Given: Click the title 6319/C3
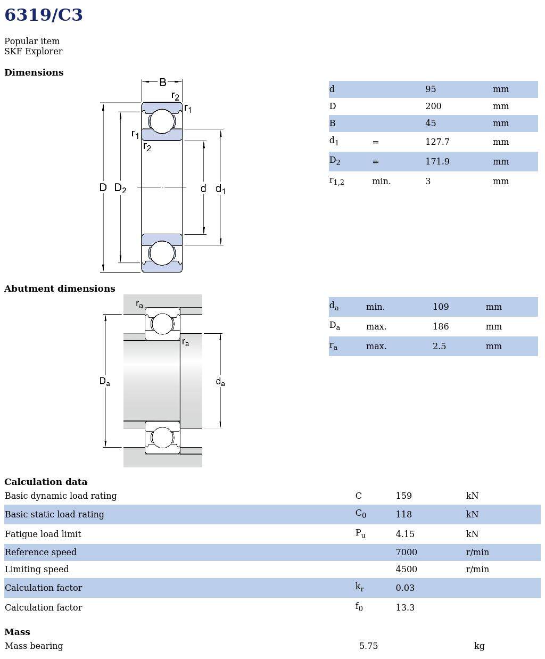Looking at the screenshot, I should click(x=44, y=15).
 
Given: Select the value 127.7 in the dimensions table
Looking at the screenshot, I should click(x=437, y=142).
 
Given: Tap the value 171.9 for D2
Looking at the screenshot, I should click(x=437, y=162).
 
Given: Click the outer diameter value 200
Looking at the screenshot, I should click(x=433, y=106).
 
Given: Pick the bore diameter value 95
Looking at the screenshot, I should click(x=431, y=89).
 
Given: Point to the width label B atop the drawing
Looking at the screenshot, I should click(x=162, y=82).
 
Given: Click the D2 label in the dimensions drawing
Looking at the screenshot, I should click(x=120, y=188).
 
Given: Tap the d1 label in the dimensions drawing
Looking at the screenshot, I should click(x=220, y=189).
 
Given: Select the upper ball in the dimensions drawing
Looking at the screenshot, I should click(x=162, y=121).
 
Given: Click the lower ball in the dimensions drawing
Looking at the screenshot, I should click(x=162, y=253).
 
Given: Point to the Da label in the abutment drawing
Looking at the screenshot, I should click(x=104, y=381).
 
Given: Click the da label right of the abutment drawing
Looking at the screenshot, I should click(x=220, y=382).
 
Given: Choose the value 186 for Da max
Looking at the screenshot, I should click(x=441, y=327).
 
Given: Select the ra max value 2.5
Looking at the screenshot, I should click(x=439, y=347).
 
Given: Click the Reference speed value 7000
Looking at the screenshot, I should click(x=406, y=553).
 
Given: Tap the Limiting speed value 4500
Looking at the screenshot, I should click(x=406, y=570).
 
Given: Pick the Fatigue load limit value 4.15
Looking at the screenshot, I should click(x=404, y=534).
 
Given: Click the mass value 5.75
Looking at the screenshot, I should click(x=368, y=646).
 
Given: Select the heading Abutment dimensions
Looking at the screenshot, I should click(x=60, y=289).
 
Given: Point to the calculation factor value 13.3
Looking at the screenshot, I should click(x=404, y=608).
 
